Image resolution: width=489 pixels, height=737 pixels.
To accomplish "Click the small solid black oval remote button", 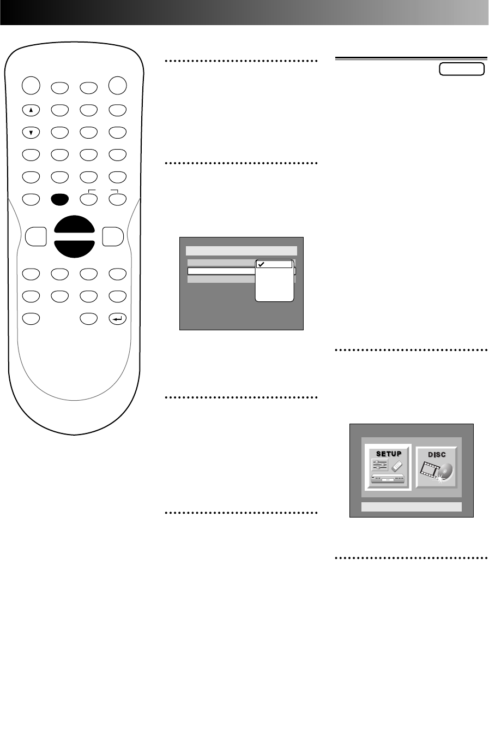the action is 59,199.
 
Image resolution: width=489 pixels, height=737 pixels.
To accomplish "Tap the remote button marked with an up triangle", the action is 31,110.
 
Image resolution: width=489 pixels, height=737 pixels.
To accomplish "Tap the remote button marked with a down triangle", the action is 31,132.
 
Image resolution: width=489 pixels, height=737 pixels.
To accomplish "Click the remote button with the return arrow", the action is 117,318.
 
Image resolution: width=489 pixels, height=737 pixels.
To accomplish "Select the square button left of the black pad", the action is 36,237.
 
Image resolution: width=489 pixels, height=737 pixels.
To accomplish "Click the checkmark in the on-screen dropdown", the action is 262,264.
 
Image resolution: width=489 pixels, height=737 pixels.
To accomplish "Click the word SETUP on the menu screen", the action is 388,454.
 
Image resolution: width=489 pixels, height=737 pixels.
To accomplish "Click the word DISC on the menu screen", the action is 437,454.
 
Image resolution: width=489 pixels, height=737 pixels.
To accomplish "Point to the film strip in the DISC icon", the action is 431,471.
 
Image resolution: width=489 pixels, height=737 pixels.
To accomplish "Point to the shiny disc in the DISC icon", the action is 445,470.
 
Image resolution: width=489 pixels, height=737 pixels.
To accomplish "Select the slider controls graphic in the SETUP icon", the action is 380,465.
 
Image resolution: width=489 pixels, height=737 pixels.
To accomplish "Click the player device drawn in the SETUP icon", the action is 388,479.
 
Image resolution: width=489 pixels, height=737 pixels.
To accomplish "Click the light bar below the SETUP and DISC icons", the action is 412,507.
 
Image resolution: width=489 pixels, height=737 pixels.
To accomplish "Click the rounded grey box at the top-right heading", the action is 461,69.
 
